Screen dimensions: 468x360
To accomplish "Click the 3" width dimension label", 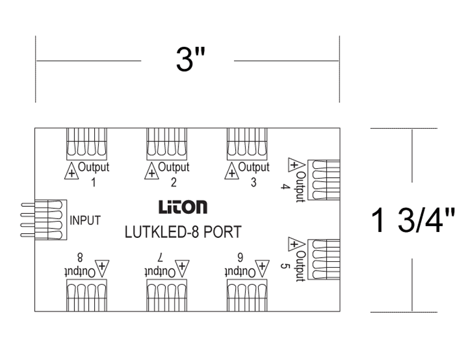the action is click(191, 60).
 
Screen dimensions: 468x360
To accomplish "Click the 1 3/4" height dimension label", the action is click(413, 221).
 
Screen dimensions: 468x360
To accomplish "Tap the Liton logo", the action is click(183, 207).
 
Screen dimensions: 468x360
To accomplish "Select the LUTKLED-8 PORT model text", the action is click(183, 232).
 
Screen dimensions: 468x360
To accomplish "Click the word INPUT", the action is click(85, 220).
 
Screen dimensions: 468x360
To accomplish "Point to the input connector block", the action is click(44, 220).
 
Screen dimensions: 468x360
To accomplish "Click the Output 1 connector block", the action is click(87, 144).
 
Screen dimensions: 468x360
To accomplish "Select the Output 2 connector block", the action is click(167, 144).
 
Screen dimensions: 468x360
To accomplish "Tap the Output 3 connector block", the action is click(247, 144).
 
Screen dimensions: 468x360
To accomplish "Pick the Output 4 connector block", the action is click(324, 180).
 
